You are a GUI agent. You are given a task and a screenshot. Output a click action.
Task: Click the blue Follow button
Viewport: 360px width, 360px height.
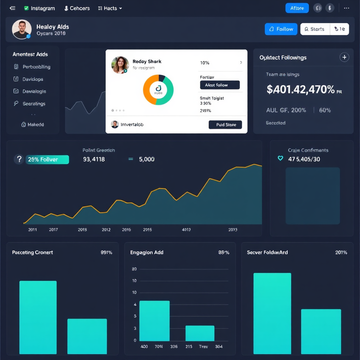pyautogui.click(x=281, y=29)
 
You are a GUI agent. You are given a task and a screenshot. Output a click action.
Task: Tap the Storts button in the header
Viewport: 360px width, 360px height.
pyautogui.click(x=315, y=29)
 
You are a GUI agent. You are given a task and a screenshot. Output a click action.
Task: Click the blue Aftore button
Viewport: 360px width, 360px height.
pyautogui.click(x=297, y=8)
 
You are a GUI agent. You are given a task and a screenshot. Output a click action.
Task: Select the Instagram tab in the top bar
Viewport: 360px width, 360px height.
pyautogui.click(x=39, y=8)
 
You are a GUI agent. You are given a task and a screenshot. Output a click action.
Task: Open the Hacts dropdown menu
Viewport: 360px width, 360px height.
pyautogui.click(x=110, y=8)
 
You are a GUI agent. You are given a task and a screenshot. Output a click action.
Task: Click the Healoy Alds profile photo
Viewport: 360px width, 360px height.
pyautogui.click(x=22, y=29)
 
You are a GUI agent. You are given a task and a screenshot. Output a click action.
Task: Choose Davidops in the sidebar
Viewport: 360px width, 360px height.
pyautogui.click(x=33, y=79)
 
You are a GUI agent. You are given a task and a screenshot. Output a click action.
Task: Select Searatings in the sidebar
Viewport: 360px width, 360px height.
pyautogui.click(x=34, y=104)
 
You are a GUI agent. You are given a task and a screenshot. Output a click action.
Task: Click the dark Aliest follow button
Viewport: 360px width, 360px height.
pyautogui.click(x=220, y=85)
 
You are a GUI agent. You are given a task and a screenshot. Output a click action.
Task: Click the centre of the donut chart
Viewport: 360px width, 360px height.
pyautogui.click(x=158, y=90)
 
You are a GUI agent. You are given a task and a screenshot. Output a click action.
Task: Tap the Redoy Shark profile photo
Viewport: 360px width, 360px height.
pyautogui.click(x=120, y=65)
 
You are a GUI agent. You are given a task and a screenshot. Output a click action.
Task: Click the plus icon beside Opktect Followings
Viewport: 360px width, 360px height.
pyautogui.click(x=344, y=57)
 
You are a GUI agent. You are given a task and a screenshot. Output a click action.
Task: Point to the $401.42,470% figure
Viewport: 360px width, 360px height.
pyautogui.click(x=301, y=90)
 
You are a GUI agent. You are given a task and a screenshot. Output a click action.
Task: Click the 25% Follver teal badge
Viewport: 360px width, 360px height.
pyautogui.click(x=47, y=160)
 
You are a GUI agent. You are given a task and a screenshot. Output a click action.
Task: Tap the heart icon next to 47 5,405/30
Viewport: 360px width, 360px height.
pyautogui.click(x=280, y=159)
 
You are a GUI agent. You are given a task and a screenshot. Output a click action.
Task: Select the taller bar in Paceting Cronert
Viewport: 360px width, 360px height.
pyautogui.click(x=38, y=317)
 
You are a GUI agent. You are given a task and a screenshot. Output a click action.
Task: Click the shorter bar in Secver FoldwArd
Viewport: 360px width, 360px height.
pyautogui.click(x=321, y=331)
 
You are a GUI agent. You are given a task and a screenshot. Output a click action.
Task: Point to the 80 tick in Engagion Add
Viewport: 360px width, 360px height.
pyautogui.click(x=134, y=269)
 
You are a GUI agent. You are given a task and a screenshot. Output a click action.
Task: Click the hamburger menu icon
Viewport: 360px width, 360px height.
pyautogui.click(x=13, y=8)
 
